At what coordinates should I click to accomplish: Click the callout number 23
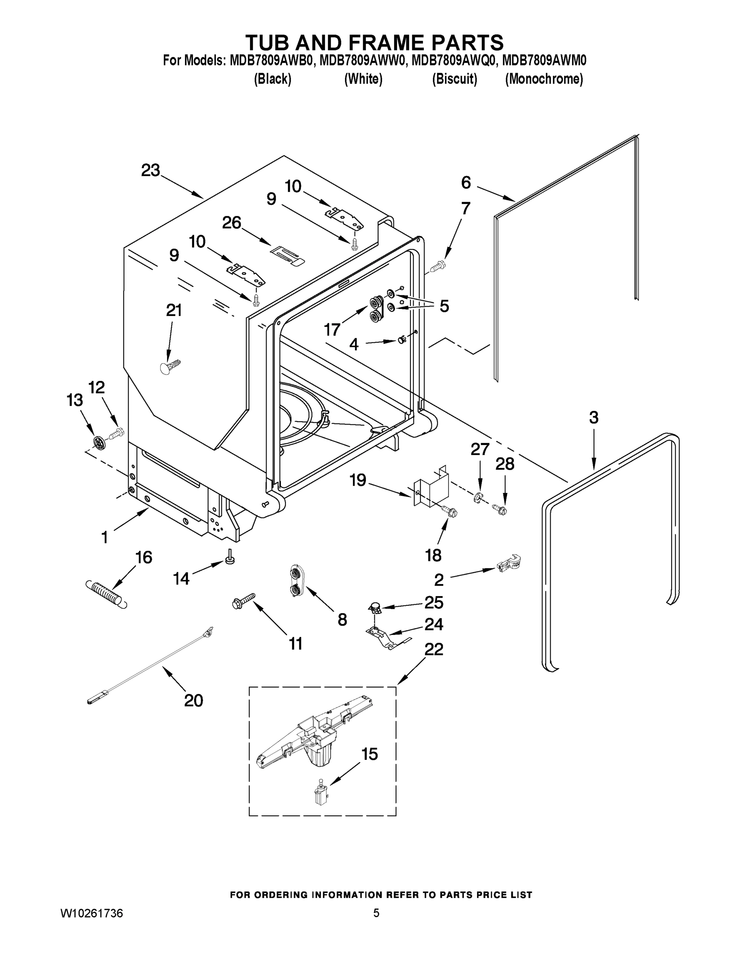[x=150, y=171]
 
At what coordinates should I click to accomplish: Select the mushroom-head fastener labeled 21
[x=169, y=367]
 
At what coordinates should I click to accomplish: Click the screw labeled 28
[x=500, y=508]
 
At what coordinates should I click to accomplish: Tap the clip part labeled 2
[x=509, y=564]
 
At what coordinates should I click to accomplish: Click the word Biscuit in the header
[x=454, y=79]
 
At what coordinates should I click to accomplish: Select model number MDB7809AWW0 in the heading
[x=362, y=60]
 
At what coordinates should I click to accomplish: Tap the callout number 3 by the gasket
[x=594, y=418]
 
